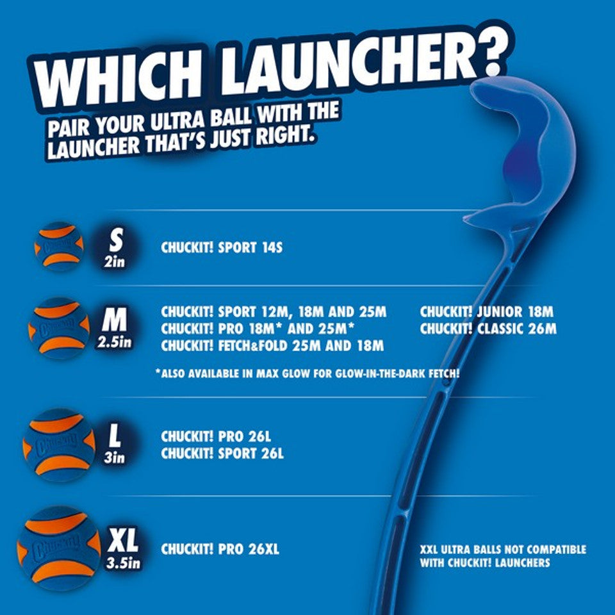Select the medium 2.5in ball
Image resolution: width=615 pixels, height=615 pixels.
click(58, 327)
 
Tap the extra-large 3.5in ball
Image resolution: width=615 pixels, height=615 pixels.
click(58, 547)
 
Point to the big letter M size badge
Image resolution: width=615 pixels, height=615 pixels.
click(114, 318)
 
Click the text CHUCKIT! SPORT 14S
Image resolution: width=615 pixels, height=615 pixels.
click(221, 247)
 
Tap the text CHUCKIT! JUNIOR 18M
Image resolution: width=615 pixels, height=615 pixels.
click(486, 313)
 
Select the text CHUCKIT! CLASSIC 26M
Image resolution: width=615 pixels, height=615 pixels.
click(488, 329)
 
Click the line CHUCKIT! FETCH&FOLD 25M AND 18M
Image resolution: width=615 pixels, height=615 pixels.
click(272, 347)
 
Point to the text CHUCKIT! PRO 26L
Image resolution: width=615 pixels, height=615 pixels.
click(216, 437)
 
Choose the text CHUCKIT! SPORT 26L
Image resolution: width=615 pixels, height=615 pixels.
click(222, 454)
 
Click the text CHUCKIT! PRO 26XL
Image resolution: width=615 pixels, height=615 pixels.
click(220, 550)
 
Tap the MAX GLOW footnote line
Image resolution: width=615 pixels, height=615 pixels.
click(307, 373)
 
